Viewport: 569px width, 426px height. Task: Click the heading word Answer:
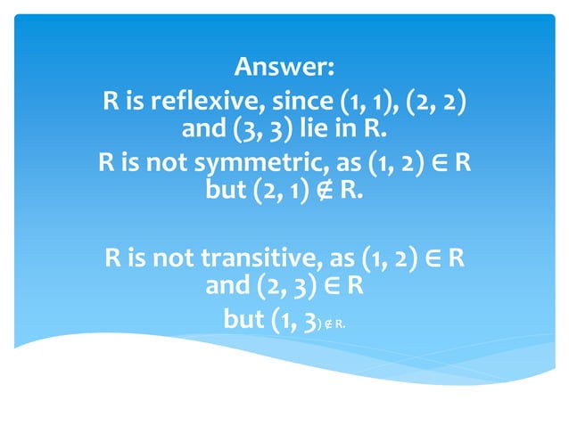coord(284,67)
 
